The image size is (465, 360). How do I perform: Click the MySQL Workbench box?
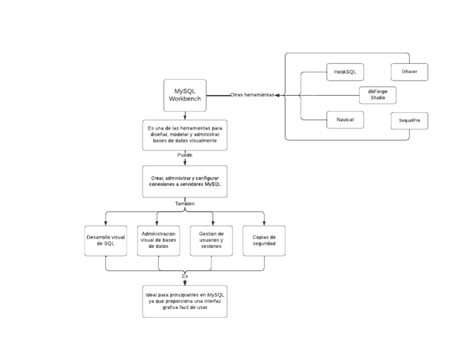pyautogui.click(x=185, y=95)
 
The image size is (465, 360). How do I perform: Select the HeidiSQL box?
pyautogui.click(x=345, y=72)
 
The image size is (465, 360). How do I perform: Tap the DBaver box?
pyautogui.click(x=409, y=72)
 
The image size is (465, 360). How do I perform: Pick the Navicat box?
pyautogui.click(x=345, y=119)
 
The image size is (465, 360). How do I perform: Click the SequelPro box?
pyautogui.click(x=409, y=121)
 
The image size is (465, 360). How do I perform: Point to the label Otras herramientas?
pyautogui.click(x=252, y=95)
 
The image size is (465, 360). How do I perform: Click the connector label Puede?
pyautogui.click(x=185, y=155)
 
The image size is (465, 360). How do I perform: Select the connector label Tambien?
pyautogui.click(x=185, y=204)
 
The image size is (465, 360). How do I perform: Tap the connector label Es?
pyautogui.click(x=185, y=276)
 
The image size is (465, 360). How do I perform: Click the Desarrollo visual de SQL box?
pyautogui.click(x=105, y=241)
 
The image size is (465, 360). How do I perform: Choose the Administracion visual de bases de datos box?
pyautogui.click(x=158, y=241)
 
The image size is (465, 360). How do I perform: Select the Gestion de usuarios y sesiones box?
pyautogui.click(x=211, y=241)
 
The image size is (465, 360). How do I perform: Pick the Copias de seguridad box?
pyautogui.click(x=264, y=241)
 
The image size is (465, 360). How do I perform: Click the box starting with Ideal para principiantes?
pyautogui.click(x=185, y=301)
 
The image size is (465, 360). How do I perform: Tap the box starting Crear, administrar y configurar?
pyautogui.click(x=185, y=181)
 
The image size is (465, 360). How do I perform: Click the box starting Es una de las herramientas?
pyautogui.click(x=185, y=135)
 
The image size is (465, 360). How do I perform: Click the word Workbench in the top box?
pyautogui.click(x=185, y=99)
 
